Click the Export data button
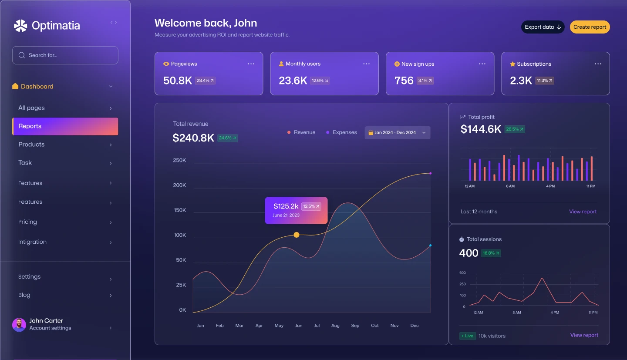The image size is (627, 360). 543,27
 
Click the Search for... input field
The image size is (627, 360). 65,55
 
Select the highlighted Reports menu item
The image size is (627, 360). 65,126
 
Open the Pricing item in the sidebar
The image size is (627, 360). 27,222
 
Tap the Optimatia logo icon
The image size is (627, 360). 20,26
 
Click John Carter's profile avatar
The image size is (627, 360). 19,325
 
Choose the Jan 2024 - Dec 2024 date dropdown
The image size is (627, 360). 397,133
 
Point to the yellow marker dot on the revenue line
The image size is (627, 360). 297,235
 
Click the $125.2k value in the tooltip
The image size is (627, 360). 286,206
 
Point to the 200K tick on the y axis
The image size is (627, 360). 179,185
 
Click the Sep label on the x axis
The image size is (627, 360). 355,326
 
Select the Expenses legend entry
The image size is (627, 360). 341,132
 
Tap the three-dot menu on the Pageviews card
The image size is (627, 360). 251,64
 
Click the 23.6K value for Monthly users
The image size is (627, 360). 293,81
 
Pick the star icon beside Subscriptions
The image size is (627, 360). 512,64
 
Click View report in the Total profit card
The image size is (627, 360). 583,212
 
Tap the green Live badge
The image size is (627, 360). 467,336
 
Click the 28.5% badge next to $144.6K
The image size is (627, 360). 515,129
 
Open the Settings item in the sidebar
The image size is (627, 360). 29,277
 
